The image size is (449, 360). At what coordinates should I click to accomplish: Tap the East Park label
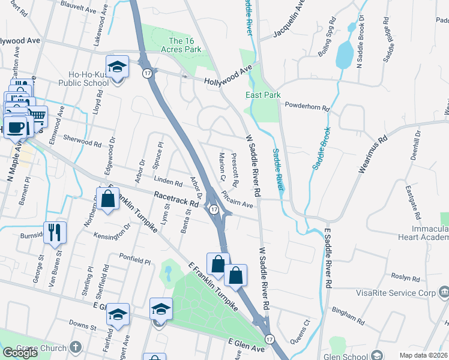263,95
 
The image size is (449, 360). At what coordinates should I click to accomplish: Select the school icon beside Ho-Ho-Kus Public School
117,67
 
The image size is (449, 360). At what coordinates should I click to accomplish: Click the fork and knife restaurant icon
55,232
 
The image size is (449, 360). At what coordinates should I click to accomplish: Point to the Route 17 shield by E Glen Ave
270,339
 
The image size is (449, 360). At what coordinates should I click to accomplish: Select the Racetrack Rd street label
176,199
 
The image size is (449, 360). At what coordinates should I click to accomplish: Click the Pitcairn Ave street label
238,200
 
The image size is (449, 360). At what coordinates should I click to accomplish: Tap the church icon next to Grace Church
76,347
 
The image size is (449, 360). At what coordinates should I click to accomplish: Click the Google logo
20,353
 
